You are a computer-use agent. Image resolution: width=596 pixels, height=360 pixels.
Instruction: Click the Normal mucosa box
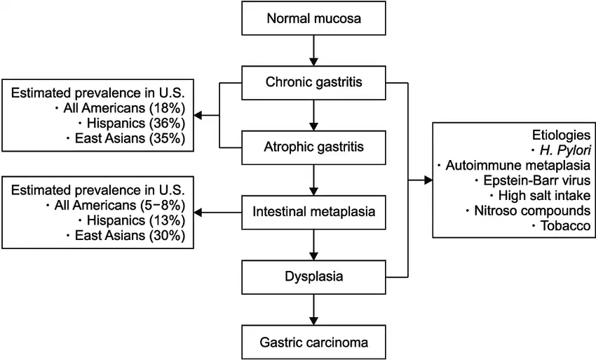click(x=313, y=18)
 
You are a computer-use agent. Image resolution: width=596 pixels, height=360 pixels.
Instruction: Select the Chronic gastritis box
click(x=313, y=82)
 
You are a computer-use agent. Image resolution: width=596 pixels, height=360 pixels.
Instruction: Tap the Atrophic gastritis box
click(x=313, y=147)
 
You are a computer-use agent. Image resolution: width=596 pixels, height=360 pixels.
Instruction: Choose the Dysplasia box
click(x=313, y=276)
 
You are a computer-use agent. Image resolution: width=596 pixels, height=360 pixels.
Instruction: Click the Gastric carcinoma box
click(x=313, y=342)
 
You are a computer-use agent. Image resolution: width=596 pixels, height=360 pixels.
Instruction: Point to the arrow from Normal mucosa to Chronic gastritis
click(x=313, y=50)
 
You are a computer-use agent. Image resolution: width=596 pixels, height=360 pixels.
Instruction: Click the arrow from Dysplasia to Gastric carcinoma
click(x=313, y=309)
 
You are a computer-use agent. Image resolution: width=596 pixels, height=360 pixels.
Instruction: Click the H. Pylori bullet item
click(x=564, y=149)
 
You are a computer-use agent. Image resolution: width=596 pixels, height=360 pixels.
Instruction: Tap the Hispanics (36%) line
click(x=137, y=123)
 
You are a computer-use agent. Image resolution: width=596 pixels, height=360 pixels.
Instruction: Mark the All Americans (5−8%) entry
click(x=119, y=206)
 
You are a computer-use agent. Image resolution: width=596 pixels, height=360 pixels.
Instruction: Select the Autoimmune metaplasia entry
click(x=516, y=165)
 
